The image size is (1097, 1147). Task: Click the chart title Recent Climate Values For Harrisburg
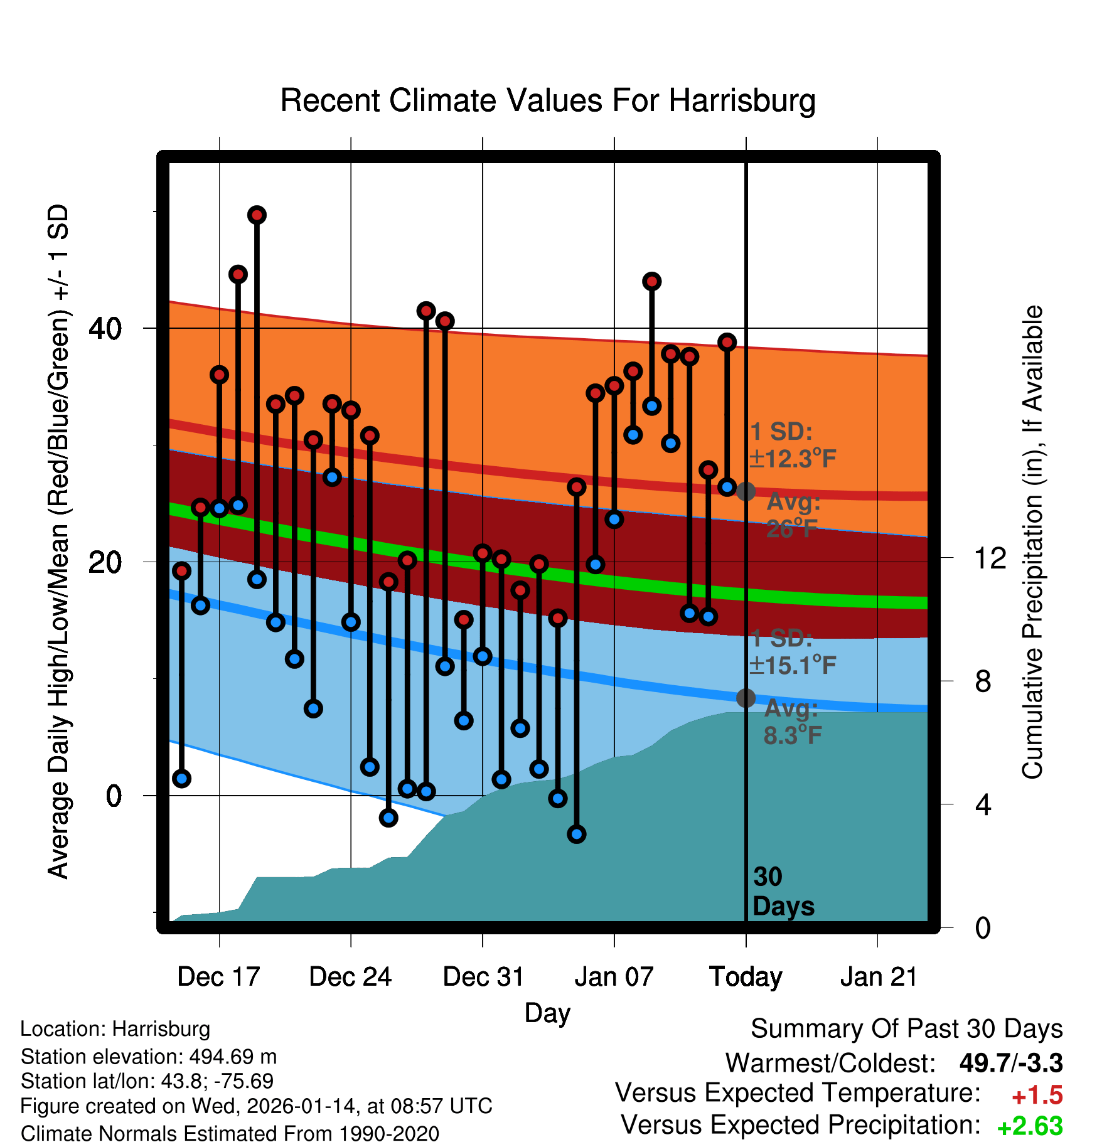pyautogui.click(x=548, y=100)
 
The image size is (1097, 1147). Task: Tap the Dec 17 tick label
pyautogui.click(x=218, y=977)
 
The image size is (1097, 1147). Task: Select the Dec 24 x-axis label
pyautogui.click(x=350, y=977)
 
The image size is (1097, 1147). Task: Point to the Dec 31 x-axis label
pyautogui.click(x=483, y=977)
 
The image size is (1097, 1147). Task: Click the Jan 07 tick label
pyautogui.click(x=614, y=977)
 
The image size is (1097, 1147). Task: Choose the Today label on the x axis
pyautogui.click(x=746, y=977)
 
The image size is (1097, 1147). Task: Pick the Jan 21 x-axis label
pyautogui.click(x=878, y=977)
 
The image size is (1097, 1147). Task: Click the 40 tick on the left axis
pyautogui.click(x=105, y=328)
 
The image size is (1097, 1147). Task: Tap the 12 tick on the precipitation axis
pyautogui.click(x=990, y=558)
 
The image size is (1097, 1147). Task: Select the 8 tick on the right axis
pyautogui.click(x=983, y=681)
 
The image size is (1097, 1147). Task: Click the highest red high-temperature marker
pyautogui.click(x=257, y=215)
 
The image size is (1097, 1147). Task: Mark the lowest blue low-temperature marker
pyautogui.click(x=577, y=834)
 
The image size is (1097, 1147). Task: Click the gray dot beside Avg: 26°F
pyautogui.click(x=746, y=491)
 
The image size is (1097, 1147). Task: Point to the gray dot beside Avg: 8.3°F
pyautogui.click(x=746, y=698)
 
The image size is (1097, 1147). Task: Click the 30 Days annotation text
pyautogui.click(x=783, y=892)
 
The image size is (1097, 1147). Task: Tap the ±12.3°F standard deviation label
pyautogui.click(x=793, y=459)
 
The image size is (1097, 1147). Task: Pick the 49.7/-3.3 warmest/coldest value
pyautogui.click(x=1010, y=1063)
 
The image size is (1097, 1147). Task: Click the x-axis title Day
pyautogui.click(x=547, y=1013)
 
